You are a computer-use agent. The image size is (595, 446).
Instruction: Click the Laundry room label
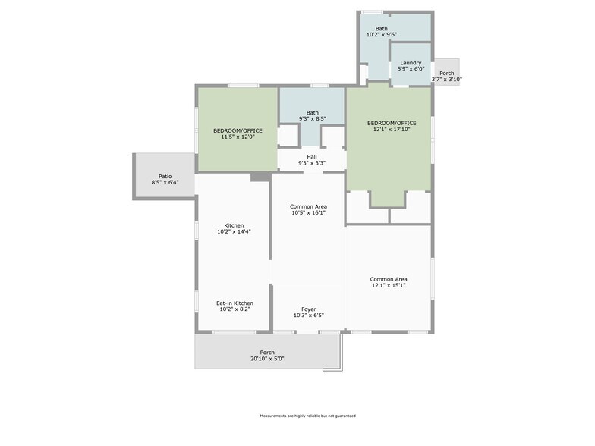411,62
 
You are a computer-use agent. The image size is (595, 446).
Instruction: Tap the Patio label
165,176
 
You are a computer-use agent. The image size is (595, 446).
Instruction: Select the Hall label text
312,156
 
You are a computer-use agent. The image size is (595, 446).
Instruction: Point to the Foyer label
308,309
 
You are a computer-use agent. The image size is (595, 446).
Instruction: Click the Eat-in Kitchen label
235,303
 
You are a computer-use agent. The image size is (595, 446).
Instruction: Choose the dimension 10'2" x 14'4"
234,231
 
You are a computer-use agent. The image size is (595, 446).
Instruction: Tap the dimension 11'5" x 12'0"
238,137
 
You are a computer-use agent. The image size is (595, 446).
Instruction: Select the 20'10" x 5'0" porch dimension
267,358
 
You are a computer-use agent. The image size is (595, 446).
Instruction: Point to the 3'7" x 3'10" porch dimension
446,79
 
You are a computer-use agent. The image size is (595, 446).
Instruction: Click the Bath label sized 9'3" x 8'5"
313,112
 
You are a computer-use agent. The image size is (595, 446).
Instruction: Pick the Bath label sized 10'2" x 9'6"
382,29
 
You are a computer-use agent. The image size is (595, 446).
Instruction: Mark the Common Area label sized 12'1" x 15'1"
389,279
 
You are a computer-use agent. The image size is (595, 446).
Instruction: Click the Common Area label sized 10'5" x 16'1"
308,206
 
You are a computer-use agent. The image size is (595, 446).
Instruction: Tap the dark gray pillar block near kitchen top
261,177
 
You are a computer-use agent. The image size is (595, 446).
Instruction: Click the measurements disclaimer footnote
308,416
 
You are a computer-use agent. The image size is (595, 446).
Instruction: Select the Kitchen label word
234,225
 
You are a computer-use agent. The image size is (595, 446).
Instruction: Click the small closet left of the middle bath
288,135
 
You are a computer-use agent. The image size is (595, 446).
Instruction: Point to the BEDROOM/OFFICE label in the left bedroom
238,130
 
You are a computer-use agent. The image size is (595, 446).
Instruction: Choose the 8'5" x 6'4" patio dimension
165,182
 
